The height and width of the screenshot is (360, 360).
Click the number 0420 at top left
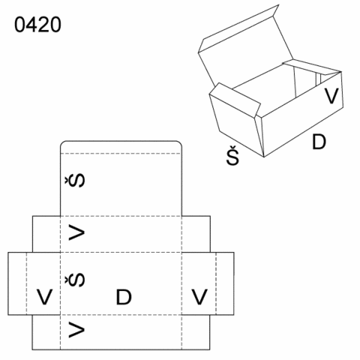click(37, 25)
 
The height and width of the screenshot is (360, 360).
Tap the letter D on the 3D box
click(319, 142)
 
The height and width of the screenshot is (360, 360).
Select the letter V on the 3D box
click(331, 96)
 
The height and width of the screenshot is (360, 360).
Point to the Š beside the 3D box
click(232, 155)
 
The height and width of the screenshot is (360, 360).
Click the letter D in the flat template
click(124, 297)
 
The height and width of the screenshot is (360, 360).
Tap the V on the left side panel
click(44, 297)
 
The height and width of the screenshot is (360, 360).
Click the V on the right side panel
click(199, 297)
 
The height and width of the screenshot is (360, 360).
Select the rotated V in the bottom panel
click(76, 330)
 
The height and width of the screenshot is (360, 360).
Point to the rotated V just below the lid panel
click(76, 232)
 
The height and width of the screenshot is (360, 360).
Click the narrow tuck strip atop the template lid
click(121, 147)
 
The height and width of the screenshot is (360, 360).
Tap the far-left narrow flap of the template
click(17, 283)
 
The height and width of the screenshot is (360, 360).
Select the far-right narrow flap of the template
click(225, 283)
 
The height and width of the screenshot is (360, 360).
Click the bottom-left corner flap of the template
click(46, 332)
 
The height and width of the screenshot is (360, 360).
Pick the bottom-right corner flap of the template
click(196, 332)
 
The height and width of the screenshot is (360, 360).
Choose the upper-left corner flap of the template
click(46, 234)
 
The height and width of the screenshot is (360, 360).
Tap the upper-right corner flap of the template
click(196, 234)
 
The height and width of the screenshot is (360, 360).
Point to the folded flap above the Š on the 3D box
click(235, 99)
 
